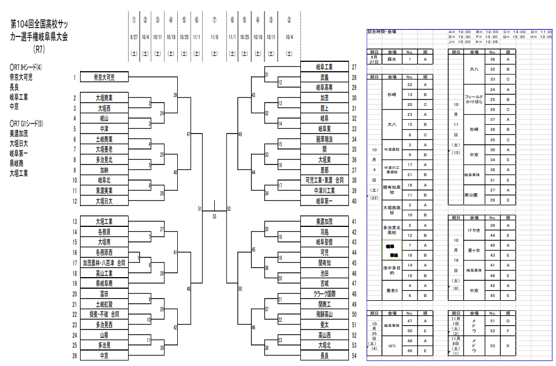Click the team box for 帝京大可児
(104, 77)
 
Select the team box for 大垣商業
(104, 98)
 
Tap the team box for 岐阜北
(104, 180)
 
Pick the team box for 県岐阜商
(104, 283)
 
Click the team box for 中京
(104, 356)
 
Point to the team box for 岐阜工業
(324, 67)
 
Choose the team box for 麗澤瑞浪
(324, 139)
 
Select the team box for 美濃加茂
(324, 222)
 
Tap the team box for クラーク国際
(324, 294)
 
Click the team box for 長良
(324, 356)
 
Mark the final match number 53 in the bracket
(214, 216)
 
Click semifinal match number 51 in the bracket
(200, 209)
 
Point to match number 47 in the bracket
(188, 134)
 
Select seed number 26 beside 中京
(75, 356)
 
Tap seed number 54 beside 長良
(354, 356)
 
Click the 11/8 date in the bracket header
(214, 37)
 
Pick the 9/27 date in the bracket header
(134, 37)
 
